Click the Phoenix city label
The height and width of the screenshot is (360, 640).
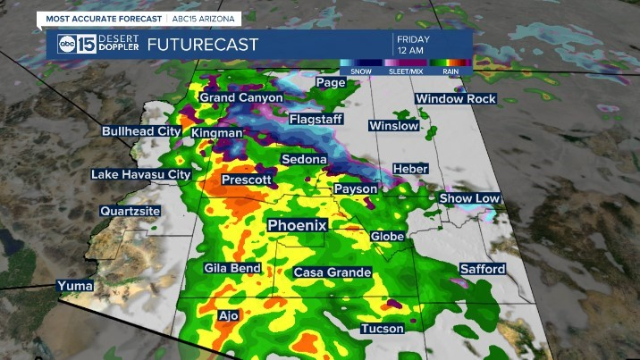(x=299, y=226)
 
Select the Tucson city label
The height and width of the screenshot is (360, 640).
(x=382, y=330)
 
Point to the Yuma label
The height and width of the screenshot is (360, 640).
(x=74, y=286)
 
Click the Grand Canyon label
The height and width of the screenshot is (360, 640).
(x=240, y=96)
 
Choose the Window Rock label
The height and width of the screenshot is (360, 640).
(x=455, y=99)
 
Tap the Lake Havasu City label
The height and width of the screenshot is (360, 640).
(x=141, y=174)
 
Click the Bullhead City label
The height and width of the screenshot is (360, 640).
(x=141, y=131)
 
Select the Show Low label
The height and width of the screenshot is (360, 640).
(x=468, y=197)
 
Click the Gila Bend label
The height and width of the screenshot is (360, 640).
(x=232, y=268)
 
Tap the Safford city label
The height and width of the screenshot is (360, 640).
(x=483, y=269)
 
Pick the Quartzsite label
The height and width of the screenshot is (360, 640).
(x=131, y=212)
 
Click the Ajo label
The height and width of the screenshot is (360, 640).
(x=229, y=315)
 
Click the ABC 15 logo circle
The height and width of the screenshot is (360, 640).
(x=67, y=45)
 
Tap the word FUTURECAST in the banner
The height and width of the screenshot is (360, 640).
(x=203, y=45)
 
